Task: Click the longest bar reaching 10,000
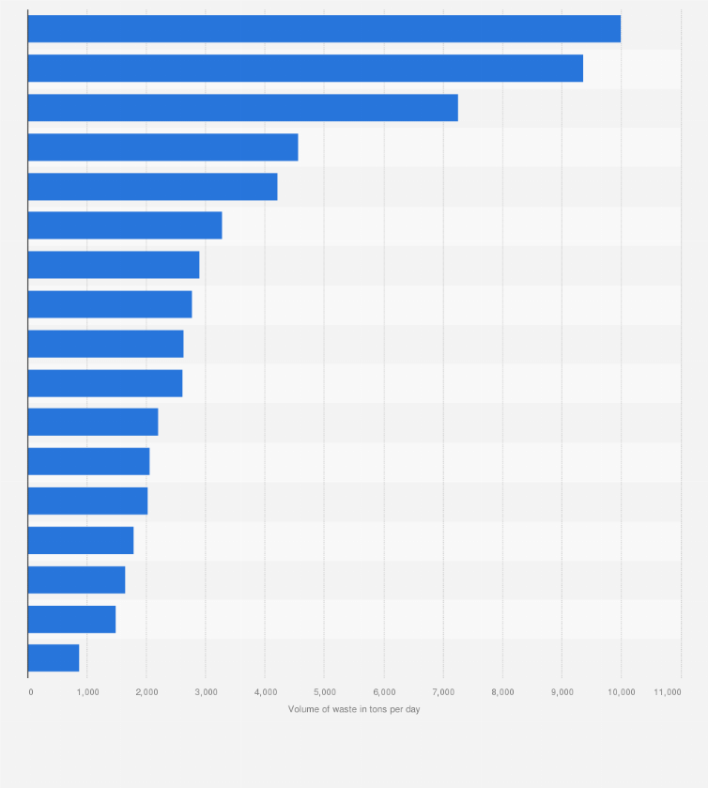pos(324,29)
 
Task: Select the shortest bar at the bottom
pos(54,658)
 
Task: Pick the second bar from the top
pos(305,69)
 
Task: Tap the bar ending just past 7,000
pos(242,108)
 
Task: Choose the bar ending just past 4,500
pos(162,147)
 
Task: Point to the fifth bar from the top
pos(152,187)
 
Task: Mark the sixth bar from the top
pos(125,225)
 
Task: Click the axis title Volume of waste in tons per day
pos(354,709)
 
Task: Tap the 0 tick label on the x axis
pos(31,692)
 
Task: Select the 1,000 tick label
pos(87,692)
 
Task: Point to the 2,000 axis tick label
pos(146,692)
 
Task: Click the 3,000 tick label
pos(206,692)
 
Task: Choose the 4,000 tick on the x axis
pos(265,692)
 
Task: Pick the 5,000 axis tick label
pos(324,692)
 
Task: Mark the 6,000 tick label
pos(383,692)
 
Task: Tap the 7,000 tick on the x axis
pos(443,692)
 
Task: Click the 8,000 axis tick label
pos(502,692)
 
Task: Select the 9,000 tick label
pos(562,692)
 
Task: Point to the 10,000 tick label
pos(621,692)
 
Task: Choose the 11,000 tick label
pos(668,692)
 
